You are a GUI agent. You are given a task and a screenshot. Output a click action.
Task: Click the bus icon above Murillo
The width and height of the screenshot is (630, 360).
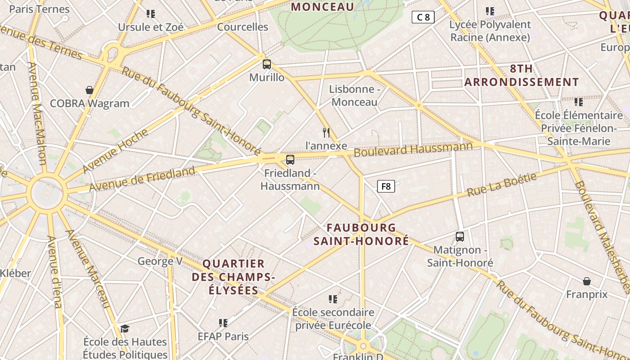(267, 64)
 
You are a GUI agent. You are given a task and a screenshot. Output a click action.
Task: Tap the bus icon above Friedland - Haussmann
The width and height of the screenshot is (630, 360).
(290, 160)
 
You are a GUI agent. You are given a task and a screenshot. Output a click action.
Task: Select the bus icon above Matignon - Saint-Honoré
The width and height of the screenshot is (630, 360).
(460, 237)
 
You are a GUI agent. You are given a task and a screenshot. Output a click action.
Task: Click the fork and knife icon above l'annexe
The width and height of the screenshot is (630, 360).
(327, 132)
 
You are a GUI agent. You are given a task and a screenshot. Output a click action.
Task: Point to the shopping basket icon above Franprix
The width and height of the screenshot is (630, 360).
(587, 281)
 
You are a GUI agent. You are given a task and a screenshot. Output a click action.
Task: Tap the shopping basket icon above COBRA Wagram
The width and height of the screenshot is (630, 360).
(90, 90)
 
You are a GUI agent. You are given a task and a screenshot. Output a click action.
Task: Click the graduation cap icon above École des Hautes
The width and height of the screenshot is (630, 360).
(125, 329)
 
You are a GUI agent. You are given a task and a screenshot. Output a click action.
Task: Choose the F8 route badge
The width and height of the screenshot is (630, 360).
(386, 186)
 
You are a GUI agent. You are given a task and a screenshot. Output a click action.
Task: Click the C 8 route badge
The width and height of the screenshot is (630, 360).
(423, 18)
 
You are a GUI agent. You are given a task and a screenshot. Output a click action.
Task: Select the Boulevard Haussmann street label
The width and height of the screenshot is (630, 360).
(413, 149)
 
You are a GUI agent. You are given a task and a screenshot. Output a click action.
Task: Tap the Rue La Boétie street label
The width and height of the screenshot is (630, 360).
(502, 184)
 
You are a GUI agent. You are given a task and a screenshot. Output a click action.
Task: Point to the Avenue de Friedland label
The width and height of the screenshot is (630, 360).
(142, 179)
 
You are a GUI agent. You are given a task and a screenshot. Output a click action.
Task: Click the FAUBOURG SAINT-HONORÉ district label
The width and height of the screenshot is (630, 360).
(361, 234)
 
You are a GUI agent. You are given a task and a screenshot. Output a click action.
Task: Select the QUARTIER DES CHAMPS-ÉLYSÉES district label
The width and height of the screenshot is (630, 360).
(233, 277)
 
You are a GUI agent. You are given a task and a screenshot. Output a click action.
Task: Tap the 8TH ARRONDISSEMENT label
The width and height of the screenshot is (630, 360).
(522, 75)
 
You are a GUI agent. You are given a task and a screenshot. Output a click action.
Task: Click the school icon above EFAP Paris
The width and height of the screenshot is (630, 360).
(223, 323)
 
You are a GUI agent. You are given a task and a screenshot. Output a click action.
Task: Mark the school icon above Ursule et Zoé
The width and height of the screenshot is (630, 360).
(151, 14)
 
